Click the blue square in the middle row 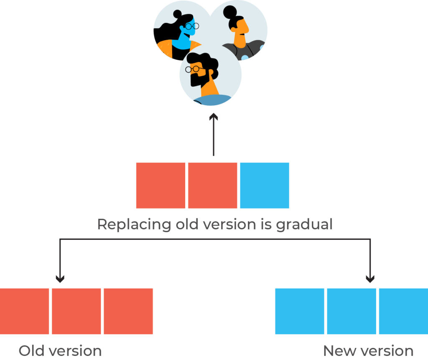[264, 185]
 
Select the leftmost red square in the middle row [160, 185]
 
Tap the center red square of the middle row [212, 185]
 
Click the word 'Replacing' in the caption [133, 225]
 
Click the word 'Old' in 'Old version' [32, 351]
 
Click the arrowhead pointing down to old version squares [60, 279]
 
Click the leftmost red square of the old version [24, 311]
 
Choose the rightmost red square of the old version [128, 311]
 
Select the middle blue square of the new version [352, 311]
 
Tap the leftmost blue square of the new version [300, 311]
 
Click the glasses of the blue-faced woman [192, 26]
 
